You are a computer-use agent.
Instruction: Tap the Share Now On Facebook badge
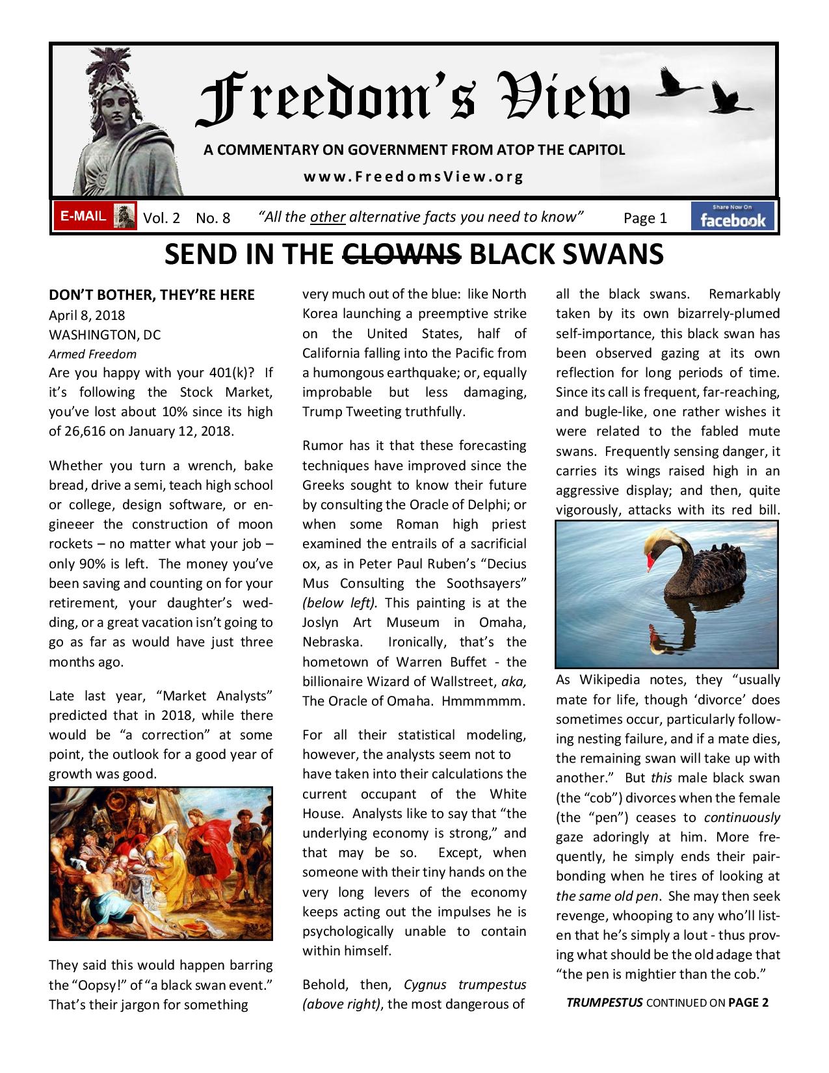tap(733, 217)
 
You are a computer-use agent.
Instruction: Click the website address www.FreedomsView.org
tap(414, 176)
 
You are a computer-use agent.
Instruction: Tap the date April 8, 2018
tap(87, 315)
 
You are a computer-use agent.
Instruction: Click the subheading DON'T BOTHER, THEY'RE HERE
tap(151, 295)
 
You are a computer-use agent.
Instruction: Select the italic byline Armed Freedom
tap(93, 354)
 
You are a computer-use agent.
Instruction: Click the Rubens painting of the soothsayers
tap(161, 863)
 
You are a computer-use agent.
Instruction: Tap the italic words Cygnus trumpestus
tap(464, 985)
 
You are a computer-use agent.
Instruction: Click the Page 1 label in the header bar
tap(645, 218)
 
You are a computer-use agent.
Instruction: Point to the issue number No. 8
tap(213, 218)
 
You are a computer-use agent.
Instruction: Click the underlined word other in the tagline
tap(328, 217)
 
